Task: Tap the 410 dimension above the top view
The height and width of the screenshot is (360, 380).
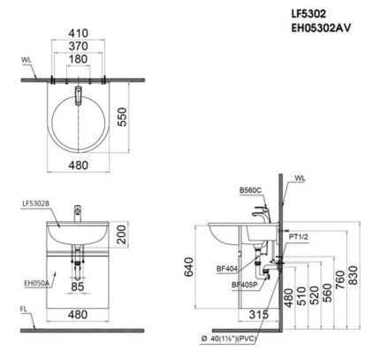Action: [x=80, y=38]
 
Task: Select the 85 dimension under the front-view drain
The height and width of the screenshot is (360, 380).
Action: [x=79, y=286]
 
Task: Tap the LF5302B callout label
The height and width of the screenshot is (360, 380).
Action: [x=35, y=203]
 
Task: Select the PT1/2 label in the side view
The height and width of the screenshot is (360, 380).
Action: [x=297, y=236]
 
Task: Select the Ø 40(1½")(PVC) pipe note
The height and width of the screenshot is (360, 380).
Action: [x=233, y=338]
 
